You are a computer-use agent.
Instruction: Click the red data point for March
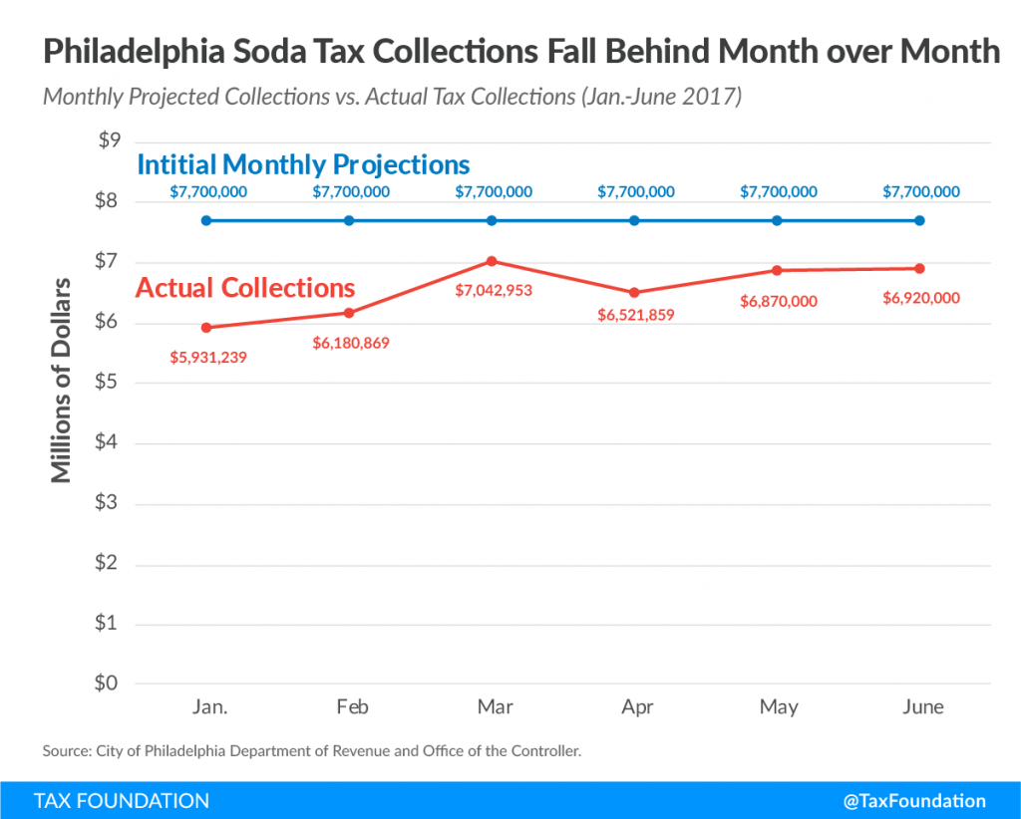point(492,261)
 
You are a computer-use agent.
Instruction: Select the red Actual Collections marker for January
point(206,328)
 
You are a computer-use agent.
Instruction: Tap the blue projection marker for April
point(635,220)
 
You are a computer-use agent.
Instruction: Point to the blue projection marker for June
point(920,220)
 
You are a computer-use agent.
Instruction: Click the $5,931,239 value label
point(207,356)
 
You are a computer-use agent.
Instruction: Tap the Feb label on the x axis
point(352,707)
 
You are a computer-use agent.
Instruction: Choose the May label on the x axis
point(779,707)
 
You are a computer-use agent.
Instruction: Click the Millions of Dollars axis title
point(62,380)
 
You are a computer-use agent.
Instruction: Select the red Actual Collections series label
point(245,288)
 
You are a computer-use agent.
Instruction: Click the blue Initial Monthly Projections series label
point(303,163)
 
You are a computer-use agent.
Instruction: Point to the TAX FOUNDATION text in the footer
point(122,801)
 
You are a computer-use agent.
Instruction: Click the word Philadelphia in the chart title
point(127,52)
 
